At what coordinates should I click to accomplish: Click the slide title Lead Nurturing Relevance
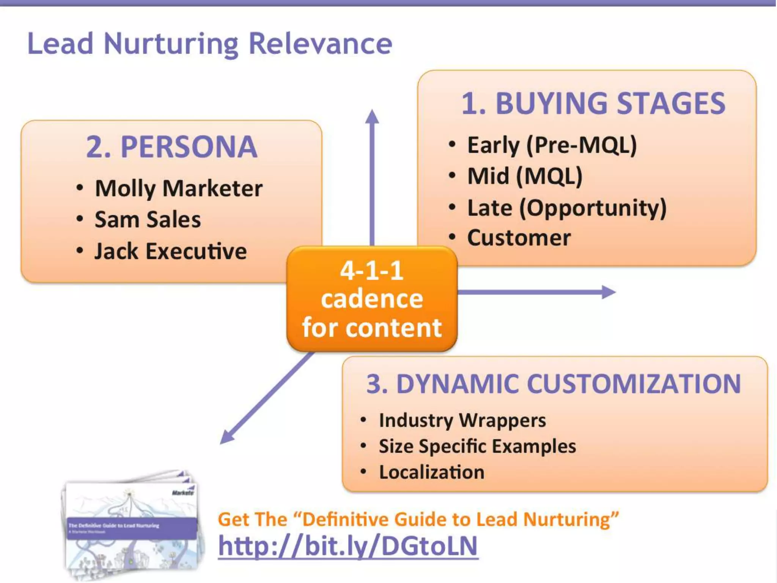tap(210, 43)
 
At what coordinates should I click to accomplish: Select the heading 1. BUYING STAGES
tap(593, 103)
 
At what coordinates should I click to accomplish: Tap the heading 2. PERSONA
tap(171, 147)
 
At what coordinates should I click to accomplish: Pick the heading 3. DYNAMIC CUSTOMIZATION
tap(554, 384)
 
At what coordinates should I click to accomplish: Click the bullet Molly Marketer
tap(178, 188)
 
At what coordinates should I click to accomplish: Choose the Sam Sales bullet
tap(148, 220)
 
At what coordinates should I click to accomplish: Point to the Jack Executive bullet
tap(170, 251)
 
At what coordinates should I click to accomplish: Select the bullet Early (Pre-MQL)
tap(552, 145)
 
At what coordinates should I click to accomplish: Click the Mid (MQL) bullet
tap(525, 176)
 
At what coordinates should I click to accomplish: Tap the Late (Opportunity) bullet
tap(566, 208)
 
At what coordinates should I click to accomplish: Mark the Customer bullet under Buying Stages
tap(519, 238)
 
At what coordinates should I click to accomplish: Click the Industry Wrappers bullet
tap(462, 420)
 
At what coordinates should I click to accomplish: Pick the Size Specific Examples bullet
tap(477, 446)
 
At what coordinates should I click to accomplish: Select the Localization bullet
tap(431, 472)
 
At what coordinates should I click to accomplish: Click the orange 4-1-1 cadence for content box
tap(372, 299)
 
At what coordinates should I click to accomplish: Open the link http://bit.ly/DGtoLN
tap(348, 546)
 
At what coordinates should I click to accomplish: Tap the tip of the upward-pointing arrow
tap(372, 112)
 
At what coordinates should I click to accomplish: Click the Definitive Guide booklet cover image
tap(131, 526)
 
